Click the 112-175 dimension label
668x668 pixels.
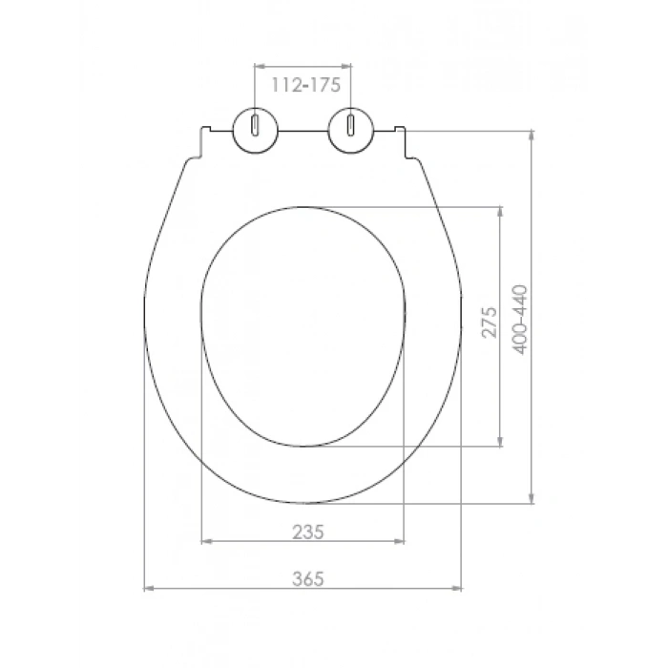click(306, 85)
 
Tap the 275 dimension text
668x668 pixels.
click(489, 322)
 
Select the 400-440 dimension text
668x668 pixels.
click(519, 320)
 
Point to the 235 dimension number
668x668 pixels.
click(308, 532)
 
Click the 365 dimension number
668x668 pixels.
click(308, 578)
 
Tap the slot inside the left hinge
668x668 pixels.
click(255, 125)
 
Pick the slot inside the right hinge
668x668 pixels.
click(350, 125)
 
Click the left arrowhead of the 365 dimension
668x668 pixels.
click(149, 589)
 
